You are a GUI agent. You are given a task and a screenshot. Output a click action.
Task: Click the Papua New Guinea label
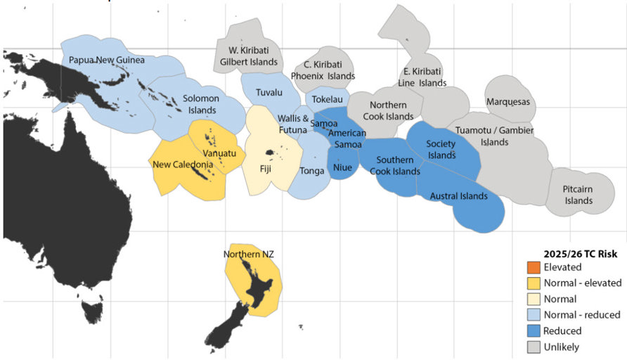point(103,60)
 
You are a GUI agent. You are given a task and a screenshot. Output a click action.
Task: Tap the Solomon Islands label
point(202,105)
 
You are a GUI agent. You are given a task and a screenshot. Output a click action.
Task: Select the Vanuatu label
point(219,153)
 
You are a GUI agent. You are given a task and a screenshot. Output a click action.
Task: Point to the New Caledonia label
point(183,165)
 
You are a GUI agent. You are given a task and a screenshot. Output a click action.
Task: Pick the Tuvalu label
point(269,93)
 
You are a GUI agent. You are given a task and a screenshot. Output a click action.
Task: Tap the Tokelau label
point(327,100)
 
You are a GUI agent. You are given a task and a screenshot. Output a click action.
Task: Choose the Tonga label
point(312,171)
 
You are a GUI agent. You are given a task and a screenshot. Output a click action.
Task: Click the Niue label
point(342,168)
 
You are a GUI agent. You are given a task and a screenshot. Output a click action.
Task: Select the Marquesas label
point(508,102)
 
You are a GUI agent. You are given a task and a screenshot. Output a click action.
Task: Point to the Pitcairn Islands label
point(578,195)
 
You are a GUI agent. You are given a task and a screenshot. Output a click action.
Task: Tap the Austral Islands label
point(458,197)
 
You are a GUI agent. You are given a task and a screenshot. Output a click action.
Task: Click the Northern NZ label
point(249,254)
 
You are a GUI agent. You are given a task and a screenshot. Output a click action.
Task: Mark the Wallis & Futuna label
point(292,124)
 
